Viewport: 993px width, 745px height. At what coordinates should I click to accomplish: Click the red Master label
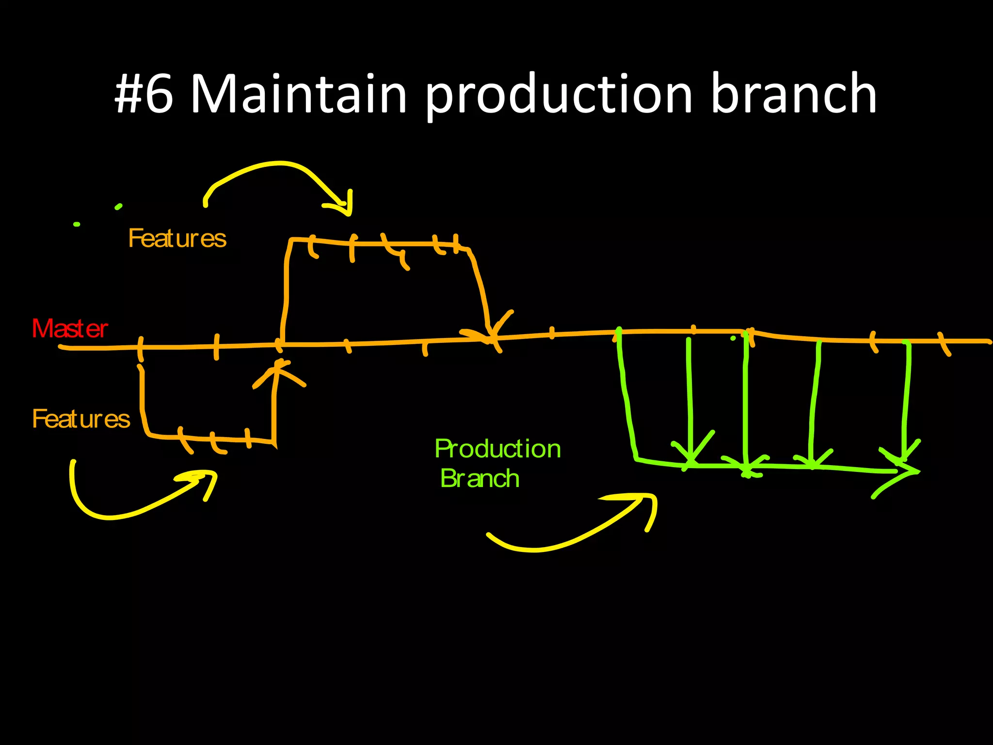pos(69,329)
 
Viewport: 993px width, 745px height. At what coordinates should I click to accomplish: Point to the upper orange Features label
pos(177,239)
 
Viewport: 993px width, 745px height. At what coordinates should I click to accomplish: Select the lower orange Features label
pos(81,419)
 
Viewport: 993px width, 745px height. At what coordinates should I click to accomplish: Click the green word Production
pos(497,449)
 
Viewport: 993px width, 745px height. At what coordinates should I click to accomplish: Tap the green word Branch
pos(480,479)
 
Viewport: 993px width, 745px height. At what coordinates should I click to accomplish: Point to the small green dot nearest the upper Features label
pos(118,207)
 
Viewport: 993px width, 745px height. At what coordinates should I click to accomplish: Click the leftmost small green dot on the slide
pos(77,224)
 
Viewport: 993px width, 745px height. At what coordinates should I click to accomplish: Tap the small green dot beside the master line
pos(733,338)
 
